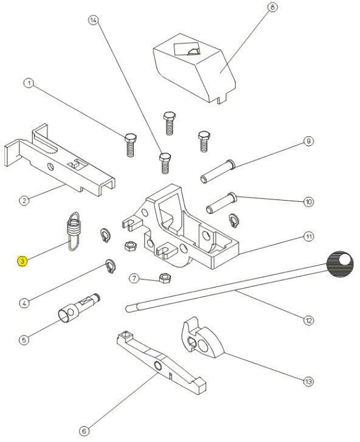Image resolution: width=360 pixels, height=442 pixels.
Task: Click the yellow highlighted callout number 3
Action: pos(22,261)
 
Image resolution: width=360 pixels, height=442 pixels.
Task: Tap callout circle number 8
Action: pos(272,7)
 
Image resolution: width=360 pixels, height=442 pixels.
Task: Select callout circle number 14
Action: pos(93,20)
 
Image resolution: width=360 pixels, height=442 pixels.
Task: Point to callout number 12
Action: pos(308,320)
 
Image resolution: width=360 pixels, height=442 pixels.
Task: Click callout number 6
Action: pos(84,430)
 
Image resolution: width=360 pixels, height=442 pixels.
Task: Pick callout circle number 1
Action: pos(29,83)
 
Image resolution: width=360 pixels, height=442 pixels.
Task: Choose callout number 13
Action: pos(308,381)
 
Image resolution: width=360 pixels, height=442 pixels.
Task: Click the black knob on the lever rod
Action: pos(340,264)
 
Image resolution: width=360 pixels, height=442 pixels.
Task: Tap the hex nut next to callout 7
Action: pos(165,278)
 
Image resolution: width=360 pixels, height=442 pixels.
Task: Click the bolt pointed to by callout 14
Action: pos(165,163)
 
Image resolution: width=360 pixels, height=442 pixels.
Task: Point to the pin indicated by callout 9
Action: pos(217,171)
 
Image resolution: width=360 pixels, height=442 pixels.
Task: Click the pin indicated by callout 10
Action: pos(222,202)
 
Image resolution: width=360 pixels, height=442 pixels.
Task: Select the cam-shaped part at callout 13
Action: pos(202,339)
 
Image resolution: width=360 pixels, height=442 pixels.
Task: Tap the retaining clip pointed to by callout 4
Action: pos(111,266)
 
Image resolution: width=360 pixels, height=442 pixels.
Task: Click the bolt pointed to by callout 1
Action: pos(131,145)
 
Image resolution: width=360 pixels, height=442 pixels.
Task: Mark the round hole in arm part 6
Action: pos(157,366)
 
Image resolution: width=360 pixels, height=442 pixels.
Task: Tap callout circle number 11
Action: pos(309,237)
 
